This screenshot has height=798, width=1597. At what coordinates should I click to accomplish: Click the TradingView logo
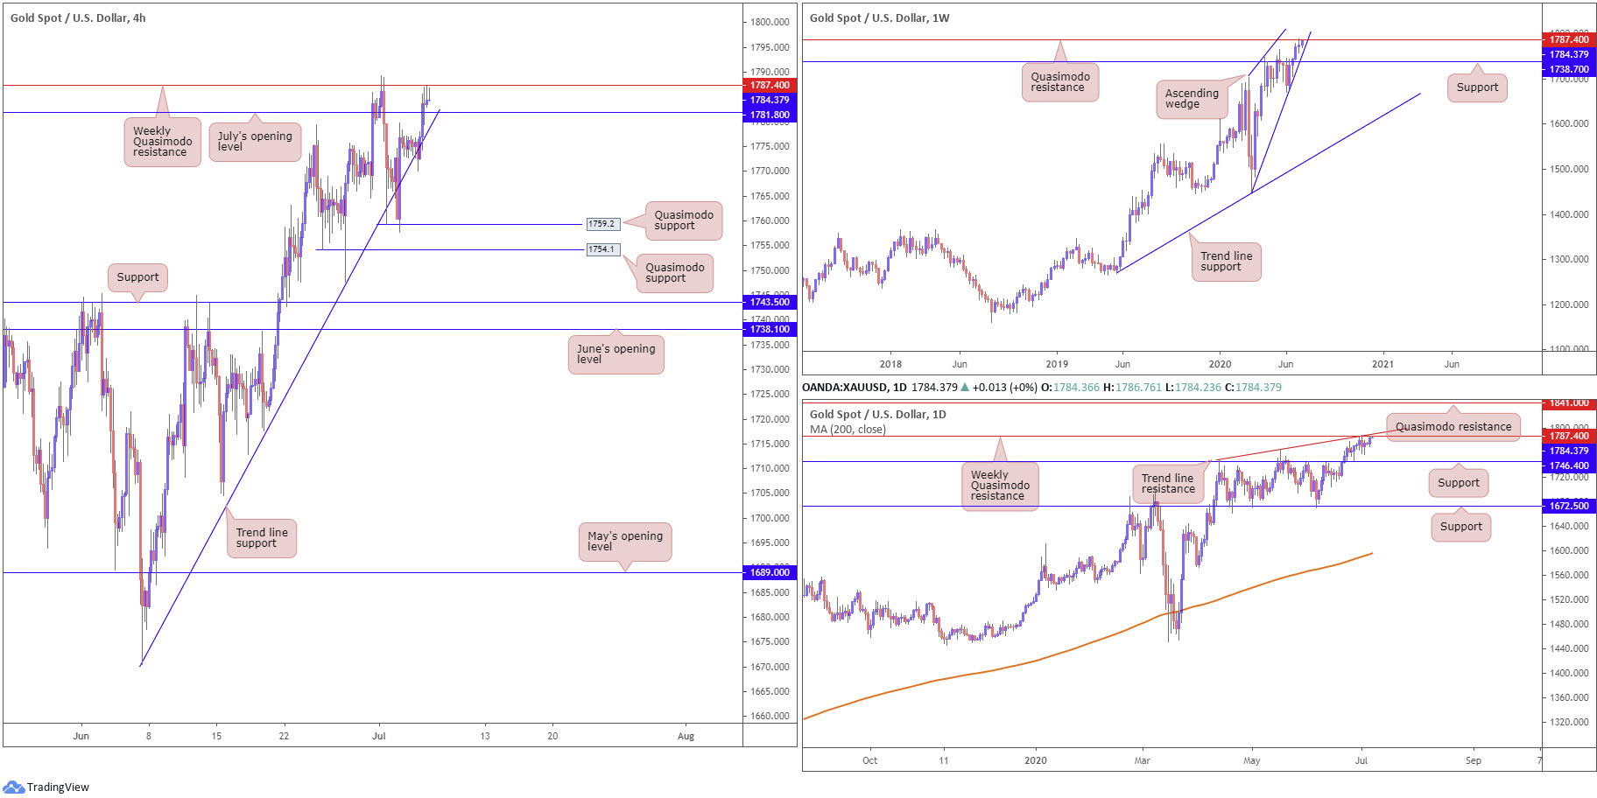click(x=47, y=787)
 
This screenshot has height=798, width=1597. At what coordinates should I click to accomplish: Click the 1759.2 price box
click(x=602, y=224)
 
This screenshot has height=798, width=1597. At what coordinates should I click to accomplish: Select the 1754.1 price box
click(x=602, y=249)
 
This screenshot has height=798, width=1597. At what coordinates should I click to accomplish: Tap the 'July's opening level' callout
click(x=255, y=142)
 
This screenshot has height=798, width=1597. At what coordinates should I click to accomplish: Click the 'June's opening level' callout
click(x=616, y=354)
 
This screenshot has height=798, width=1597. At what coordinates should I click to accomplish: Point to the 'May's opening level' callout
click(x=624, y=542)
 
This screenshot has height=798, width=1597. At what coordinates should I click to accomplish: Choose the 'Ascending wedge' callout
click(x=1191, y=99)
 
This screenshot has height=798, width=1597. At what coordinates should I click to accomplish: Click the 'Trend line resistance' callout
click(x=1167, y=484)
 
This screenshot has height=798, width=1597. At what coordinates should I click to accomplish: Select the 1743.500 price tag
click(x=769, y=302)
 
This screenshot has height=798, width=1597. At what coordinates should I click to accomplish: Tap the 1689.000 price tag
click(x=769, y=572)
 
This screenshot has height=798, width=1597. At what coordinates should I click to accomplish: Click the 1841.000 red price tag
click(x=1568, y=403)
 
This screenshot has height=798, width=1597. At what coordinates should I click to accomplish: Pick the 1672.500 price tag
click(x=1568, y=506)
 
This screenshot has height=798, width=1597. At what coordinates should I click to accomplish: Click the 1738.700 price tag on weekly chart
click(x=1568, y=69)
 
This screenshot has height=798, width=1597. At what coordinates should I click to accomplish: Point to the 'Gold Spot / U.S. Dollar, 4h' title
click(x=78, y=17)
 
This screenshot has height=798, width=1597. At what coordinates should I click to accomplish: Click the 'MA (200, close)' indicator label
click(x=848, y=430)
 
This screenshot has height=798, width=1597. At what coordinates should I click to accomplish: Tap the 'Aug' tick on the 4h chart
click(x=686, y=736)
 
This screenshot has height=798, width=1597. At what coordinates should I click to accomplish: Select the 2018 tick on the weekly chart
click(x=890, y=364)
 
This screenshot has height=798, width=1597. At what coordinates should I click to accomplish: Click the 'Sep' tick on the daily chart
click(x=1474, y=760)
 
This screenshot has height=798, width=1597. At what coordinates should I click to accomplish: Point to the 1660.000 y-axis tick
click(x=770, y=716)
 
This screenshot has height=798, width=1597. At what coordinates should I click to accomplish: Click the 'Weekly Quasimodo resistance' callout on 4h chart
click(x=162, y=142)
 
